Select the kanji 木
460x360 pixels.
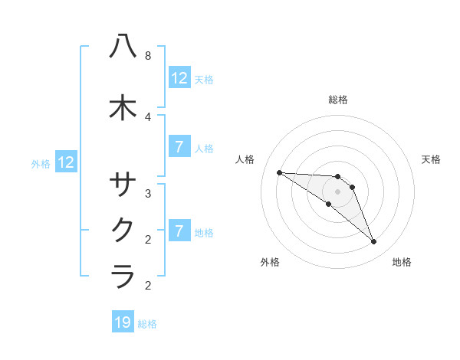[123, 107]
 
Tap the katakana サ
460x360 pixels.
[123, 185]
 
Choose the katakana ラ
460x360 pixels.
[123, 275]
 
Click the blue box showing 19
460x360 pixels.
[123, 322]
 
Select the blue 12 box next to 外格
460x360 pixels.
[65, 162]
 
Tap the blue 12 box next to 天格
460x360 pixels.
[179, 77]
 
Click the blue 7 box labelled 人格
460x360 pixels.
[179, 147]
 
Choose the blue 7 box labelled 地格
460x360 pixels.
[179, 231]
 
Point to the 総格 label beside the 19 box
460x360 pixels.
[147, 324]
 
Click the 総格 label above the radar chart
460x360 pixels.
[337, 100]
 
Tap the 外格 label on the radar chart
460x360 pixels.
[270, 262]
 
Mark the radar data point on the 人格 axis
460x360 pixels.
[279, 172]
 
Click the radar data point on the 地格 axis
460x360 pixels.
[373, 242]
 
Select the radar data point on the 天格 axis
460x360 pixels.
[352, 187]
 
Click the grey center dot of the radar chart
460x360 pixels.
[337, 191]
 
